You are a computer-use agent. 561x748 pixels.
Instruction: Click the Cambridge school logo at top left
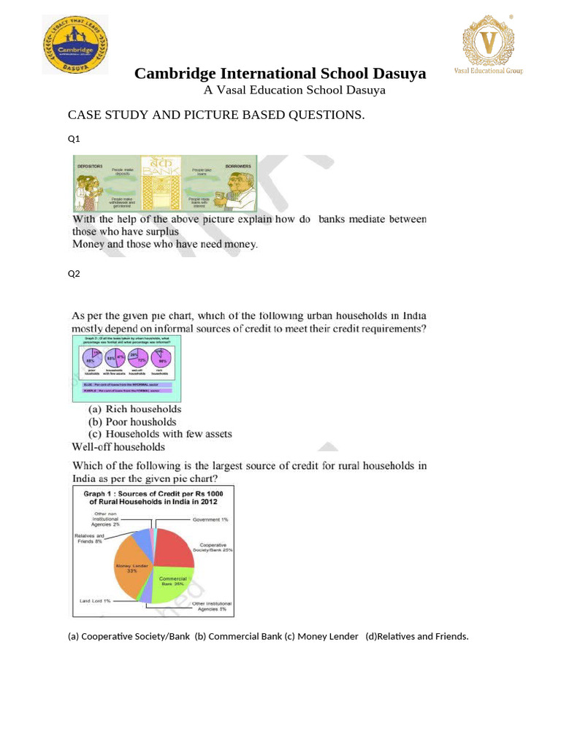(x=75, y=45)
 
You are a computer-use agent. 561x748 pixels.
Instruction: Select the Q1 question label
(x=74, y=139)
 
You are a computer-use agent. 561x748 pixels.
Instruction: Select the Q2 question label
(x=74, y=273)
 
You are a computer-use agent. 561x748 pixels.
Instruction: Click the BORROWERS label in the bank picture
(x=237, y=166)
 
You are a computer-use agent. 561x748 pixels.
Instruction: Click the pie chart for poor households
(x=91, y=358)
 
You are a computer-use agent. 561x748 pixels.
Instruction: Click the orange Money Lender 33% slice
(x=131, y=566)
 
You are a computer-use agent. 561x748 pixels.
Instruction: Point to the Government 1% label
(x=210, y=519)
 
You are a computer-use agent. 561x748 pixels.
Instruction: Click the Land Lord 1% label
(x=96, y=601)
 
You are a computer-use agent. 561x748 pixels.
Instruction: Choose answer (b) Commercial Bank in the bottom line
(x=238, y=636)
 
